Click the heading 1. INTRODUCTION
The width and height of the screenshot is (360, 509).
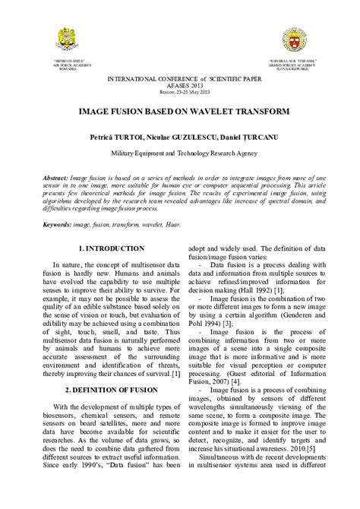click(x=112, y=248)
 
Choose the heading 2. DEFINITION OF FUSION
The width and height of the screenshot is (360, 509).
click(x=111, y=390)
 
